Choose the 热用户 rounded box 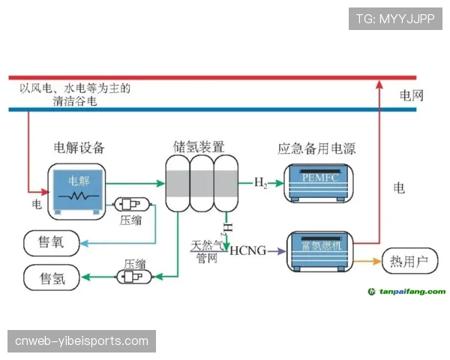pos(409,262)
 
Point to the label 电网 pos(412,96)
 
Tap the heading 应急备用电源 pos(316,148)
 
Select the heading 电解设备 pos(79,146)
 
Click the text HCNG pos(248,250)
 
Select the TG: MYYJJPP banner pos(395,19)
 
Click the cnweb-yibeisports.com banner pos(82,341)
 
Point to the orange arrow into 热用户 pos(367,262)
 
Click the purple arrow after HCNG pos(276,250)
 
